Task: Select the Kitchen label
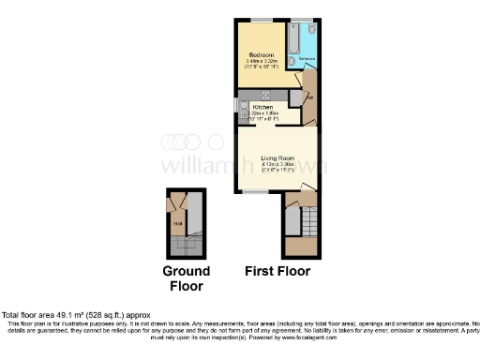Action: (263, 108)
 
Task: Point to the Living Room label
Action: (277, 157)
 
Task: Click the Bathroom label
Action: (307, 59)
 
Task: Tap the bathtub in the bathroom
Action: (292, 37)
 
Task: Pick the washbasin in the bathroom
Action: (292, 62)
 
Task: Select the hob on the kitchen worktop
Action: (265, 94)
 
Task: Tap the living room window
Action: (258, 192)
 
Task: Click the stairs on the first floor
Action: (292, 223)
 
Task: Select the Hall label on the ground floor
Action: (174, 223)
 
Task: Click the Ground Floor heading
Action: (186, 278)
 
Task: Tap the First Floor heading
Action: (277, 272)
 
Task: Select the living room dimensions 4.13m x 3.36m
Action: (277, 165)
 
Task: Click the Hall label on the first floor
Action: (310, 97)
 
